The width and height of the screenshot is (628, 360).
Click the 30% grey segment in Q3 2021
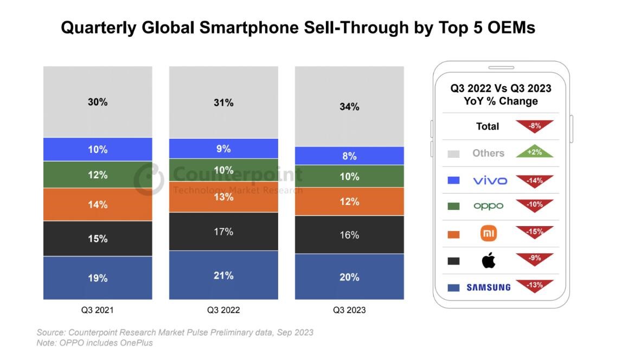point(98,102)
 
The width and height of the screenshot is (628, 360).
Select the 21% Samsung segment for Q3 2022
point(223,275)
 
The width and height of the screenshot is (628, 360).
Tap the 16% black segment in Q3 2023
point(349,235)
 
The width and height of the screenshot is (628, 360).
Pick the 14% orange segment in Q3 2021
point(98,204)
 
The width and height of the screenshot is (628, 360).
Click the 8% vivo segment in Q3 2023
point(349,156)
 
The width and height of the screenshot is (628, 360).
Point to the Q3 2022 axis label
point(223,310)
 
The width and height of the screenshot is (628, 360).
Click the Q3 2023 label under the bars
point(349,310)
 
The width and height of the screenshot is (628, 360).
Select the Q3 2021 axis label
point(98,310)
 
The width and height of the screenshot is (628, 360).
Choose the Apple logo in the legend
point(488,261)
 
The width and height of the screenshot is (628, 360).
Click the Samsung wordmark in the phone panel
point(488,287)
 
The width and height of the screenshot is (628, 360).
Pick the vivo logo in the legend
point(490,181)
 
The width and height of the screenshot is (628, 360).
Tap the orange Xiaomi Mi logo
point(489,234)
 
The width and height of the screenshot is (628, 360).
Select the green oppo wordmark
point(488,206)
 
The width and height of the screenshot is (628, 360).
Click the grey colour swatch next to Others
point(453,154)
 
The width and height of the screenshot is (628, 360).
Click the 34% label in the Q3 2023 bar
point(349,107)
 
